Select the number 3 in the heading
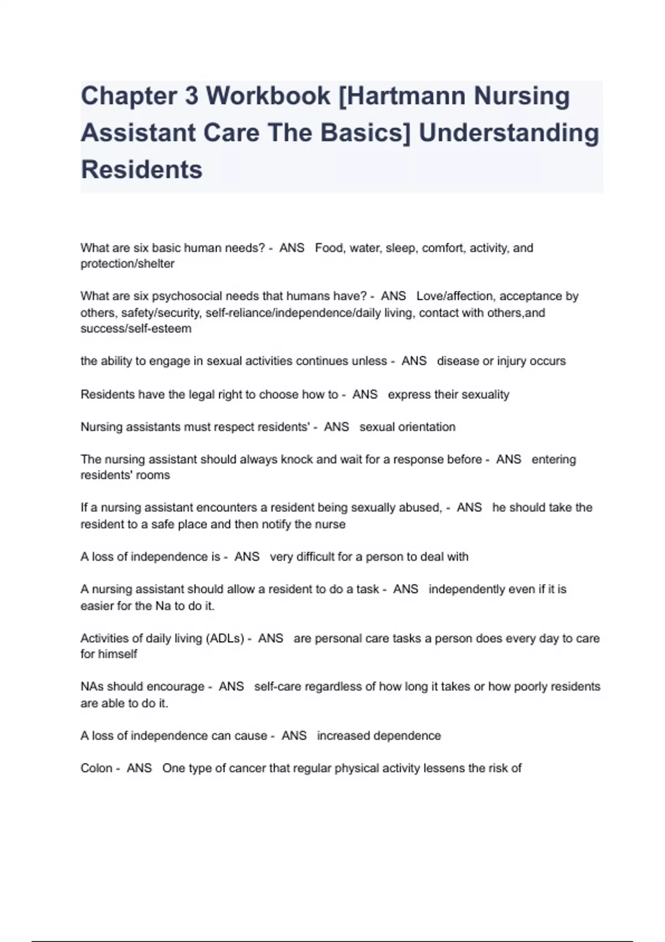(191, 96)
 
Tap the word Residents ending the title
(142, 170)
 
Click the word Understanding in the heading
(509, 133)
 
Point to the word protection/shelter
(127, 264)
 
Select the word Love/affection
(453, 296)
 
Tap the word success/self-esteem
(136, 329)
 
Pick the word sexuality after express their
(486, 395)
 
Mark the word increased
(343, 736)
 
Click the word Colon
(96, 769)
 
